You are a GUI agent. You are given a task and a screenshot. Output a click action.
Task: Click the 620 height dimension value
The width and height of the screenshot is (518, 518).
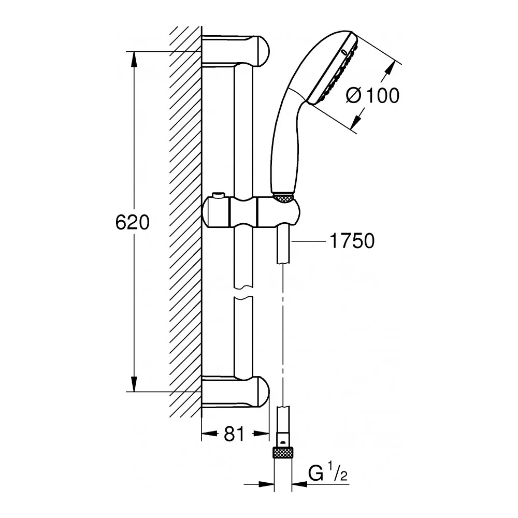132,222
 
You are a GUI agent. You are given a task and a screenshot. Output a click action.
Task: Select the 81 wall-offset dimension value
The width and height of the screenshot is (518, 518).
235,434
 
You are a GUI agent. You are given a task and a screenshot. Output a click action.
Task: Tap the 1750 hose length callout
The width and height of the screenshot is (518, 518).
351,241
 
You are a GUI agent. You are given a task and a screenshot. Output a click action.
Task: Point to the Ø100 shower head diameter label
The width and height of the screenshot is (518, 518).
372,95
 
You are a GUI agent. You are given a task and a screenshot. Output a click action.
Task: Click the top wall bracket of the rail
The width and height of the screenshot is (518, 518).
236,51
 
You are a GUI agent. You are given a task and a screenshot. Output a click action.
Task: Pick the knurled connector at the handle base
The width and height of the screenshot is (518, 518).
283,197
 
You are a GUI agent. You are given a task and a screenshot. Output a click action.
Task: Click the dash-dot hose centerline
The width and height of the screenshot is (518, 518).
283,337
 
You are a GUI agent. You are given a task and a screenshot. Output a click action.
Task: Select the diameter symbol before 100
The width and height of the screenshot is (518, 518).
354,95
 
